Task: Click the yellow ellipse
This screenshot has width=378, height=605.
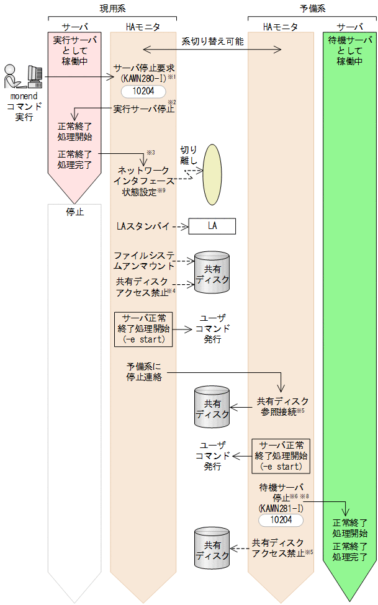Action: [214, 174]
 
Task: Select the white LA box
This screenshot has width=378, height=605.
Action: [212, 226]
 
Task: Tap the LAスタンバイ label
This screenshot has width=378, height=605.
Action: [143, 226]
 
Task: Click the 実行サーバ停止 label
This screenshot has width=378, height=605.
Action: [144, 109]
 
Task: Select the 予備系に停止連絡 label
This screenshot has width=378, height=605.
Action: [144, 371]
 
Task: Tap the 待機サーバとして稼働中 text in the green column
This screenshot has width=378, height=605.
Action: [349, 52]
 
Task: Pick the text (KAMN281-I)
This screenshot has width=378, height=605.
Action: [281, 507]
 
